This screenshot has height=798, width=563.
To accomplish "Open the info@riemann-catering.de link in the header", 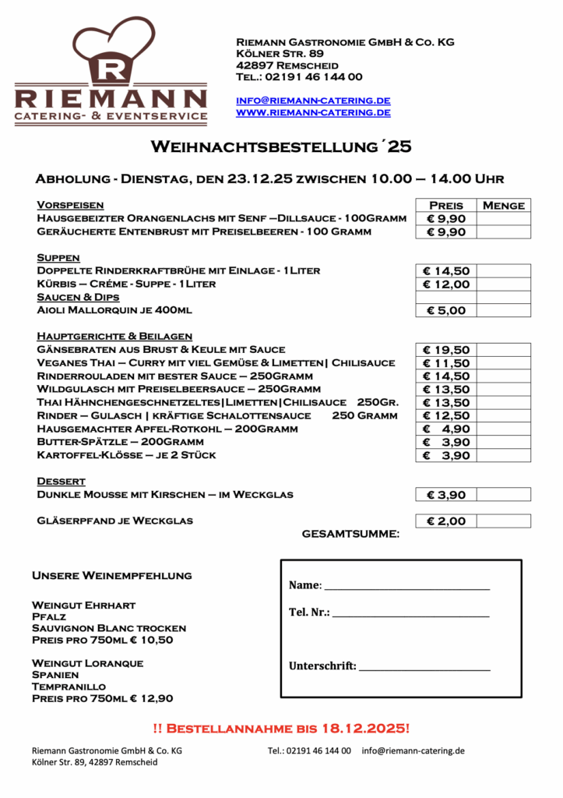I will click(x=313, y=101).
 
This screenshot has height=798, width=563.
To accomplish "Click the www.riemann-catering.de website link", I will click(x=313, y=112).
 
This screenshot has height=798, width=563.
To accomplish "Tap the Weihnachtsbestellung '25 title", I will click(x=281, y=147).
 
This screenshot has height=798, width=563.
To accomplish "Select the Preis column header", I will click(x=445, y=206).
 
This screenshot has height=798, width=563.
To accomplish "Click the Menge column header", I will click(x=504, y=206).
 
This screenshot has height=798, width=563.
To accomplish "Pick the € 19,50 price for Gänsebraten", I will click(x=445, y=350).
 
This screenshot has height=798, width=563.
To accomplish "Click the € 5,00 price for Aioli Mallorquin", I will click(x=445, y=310).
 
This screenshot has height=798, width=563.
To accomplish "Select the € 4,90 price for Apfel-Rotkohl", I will click(x=445, y=429).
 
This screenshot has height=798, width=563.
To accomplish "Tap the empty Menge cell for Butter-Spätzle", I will click(x=503, y=443).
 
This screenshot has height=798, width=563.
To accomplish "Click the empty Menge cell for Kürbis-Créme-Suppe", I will click(x=503, y=284).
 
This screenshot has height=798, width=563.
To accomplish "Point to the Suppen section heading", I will click(x=58, y=257).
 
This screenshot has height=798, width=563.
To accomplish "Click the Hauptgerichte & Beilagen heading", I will click(x=114, y=336).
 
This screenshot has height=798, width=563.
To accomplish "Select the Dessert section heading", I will click(x=61, y=481).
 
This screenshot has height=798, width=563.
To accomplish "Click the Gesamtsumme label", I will click(x=350, y=534).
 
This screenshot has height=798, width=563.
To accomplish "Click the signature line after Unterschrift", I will click(x=424, y=668).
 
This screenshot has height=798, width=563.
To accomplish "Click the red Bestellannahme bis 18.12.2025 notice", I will click(x=281, y=729).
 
